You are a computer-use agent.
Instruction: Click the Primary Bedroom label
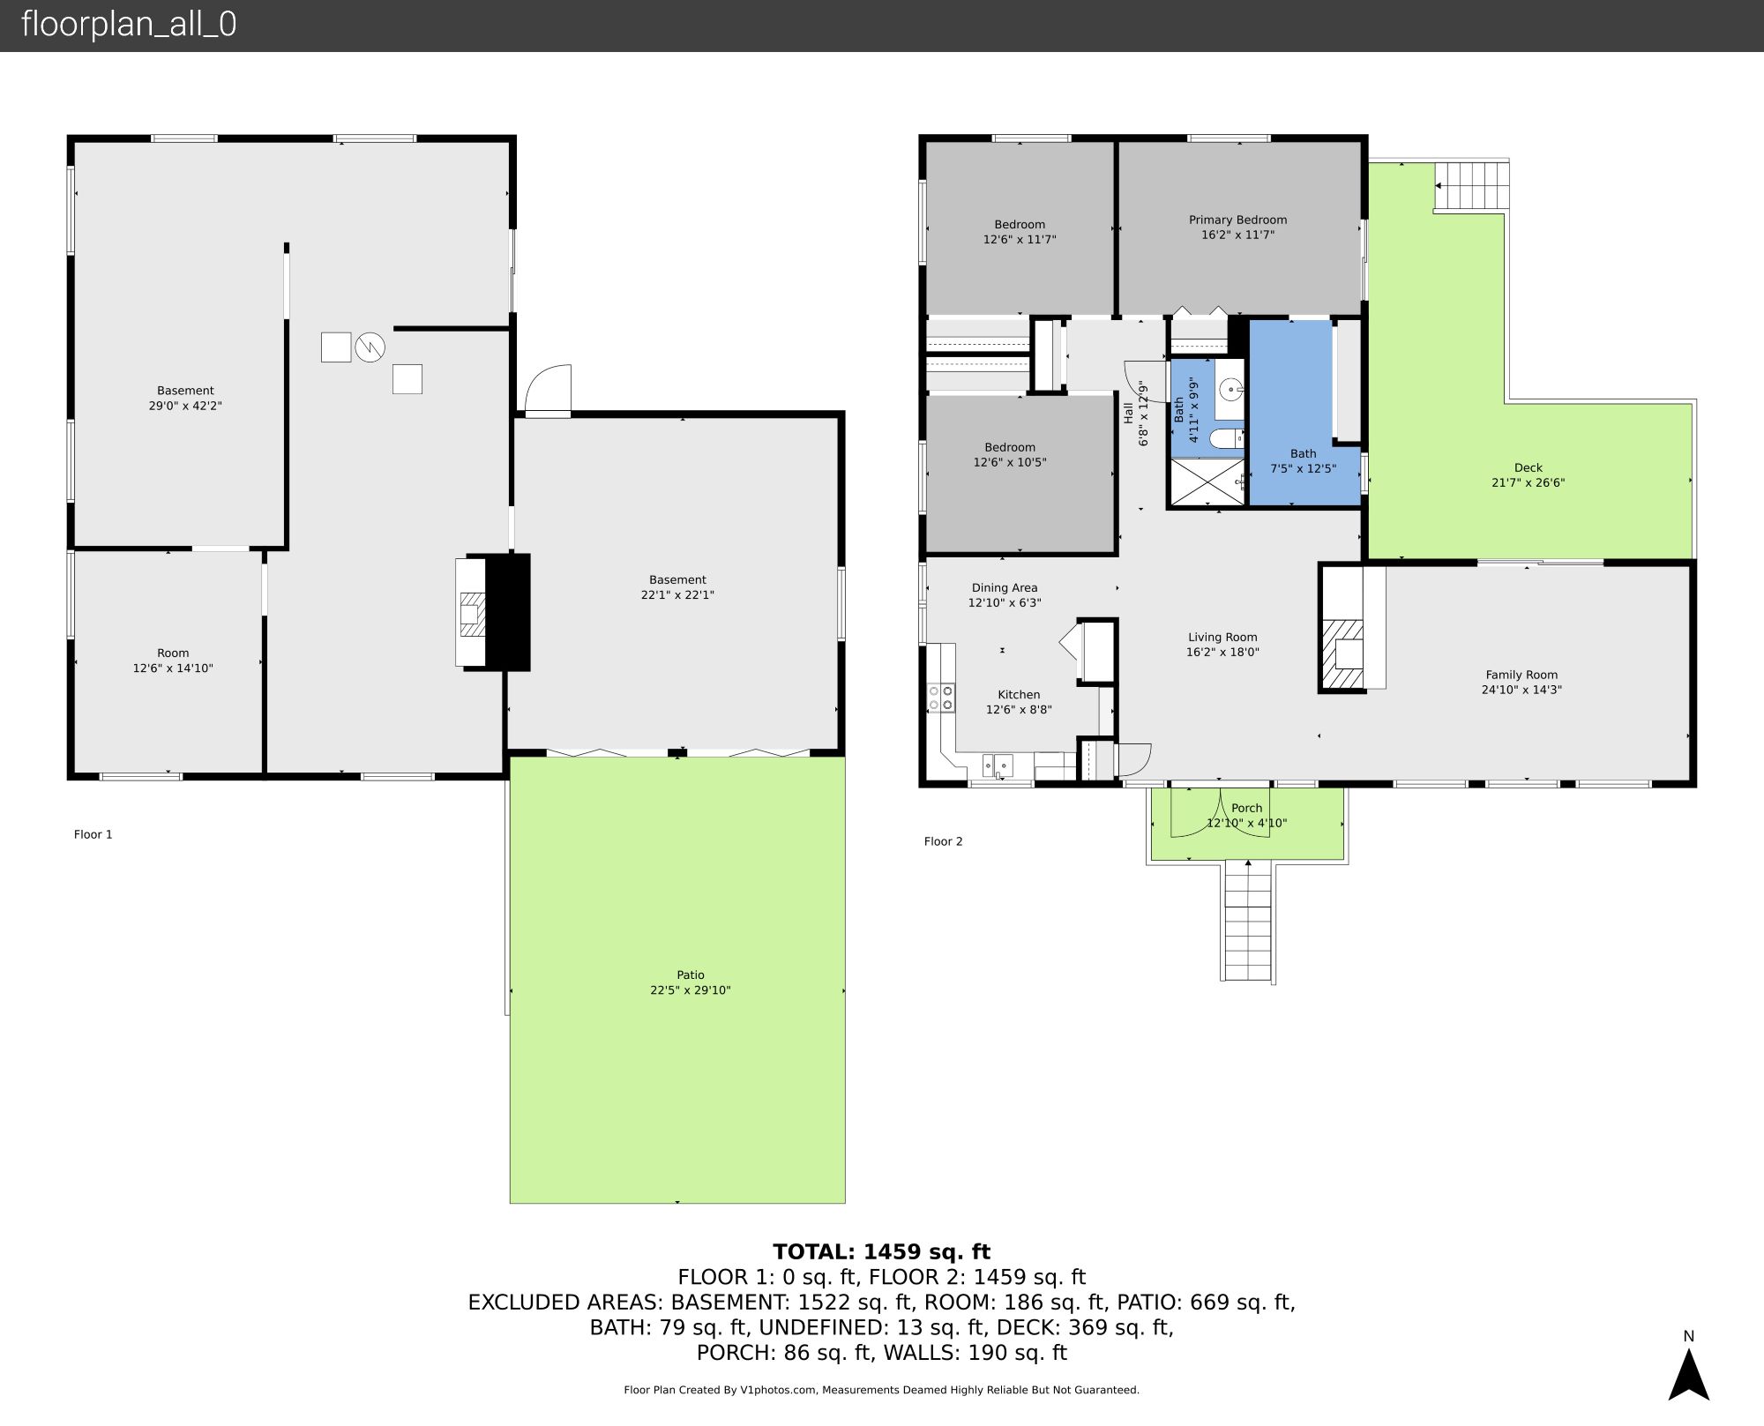(x=1237, y=220)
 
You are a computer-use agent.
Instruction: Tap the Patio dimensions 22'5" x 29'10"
(x=691, y=990)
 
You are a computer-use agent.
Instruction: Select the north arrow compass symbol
(x=1688, y=1376)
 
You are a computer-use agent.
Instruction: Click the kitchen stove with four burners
(x=941, y=698)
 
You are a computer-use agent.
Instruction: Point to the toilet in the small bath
(x=1226, y=437)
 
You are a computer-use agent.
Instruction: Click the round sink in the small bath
(x=1231, y=387)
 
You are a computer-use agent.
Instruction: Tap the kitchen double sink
(x=998, y=765)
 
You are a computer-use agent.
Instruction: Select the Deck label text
(x=1528, y=467)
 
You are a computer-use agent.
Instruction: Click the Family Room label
(x=1521, y=675)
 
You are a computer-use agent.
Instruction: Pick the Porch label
(x=1246, y=808)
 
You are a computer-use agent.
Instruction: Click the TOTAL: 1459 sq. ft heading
(x=881, y=1251)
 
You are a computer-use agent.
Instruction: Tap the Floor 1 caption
(x=93, y=834)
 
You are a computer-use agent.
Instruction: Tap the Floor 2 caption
(x=943, y=841)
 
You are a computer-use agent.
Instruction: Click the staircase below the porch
(x=1247, y=921)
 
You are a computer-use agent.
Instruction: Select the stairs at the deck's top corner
(x=1471, y=185)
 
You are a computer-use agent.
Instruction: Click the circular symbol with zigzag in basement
(x=370, y=347)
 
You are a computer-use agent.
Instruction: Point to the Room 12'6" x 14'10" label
(x=173, y=661)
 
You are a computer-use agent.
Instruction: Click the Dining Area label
(x=1004, y=587)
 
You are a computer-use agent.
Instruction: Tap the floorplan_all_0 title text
(x=129, y=25)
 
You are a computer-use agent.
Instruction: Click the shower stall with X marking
(x=1206, y=482)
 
